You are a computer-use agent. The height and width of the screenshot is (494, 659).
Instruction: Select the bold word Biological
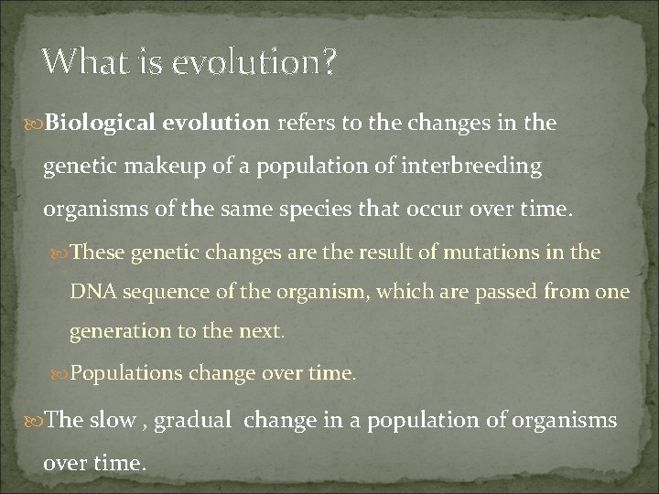coord(94,123)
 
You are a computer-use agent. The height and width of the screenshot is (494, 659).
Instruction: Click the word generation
coord(116,332)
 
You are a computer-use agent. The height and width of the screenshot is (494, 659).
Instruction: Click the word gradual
coord(195,420)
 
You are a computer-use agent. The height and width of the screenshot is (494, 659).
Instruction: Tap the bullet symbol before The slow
coord(36,420)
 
